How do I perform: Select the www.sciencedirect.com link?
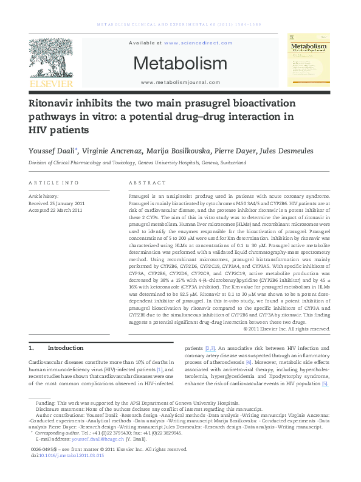pyautogui.click(x=198, y=43)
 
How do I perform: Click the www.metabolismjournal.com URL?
pyautogui.click(x=180, y=82)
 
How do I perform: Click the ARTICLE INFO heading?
pyautogui.click(x=54, y=183)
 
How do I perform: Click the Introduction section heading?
pyautogui.click(x=65, y=348)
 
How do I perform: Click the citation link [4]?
pyautogui.click(x=249, y=363)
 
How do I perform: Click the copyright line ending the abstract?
pyautogui.click(x=287, y=329)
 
